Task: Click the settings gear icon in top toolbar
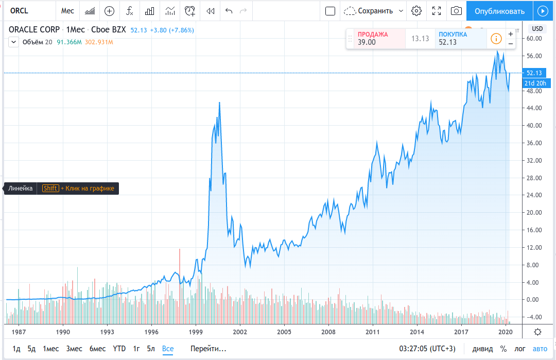point(416,11)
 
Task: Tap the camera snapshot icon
point(456,11)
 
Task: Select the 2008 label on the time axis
point(329,332)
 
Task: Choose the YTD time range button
point(119,349)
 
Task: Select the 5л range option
point(151,349)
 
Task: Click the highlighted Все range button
point(168,349)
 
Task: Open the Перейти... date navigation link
point(208,349)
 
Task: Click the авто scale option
point(540,349)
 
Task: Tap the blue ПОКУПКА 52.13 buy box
point(459,39)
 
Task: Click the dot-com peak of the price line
point(219,102)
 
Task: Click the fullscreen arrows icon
point(437,11)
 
